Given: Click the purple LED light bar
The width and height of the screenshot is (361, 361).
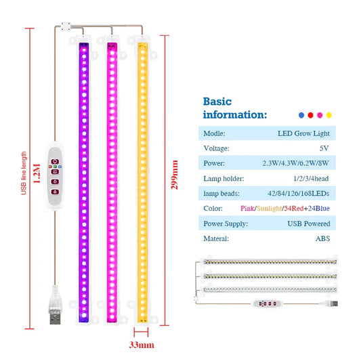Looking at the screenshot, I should (85, 183).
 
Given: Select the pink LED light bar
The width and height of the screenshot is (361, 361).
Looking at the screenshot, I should (113, 183).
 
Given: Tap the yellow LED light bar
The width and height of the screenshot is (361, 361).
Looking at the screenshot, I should (142, 183).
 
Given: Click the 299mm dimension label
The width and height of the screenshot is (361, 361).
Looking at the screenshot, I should (175, 175).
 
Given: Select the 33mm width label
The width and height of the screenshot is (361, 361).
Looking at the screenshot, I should (142, 345).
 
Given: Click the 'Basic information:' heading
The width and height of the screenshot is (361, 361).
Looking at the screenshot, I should (235, 108).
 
